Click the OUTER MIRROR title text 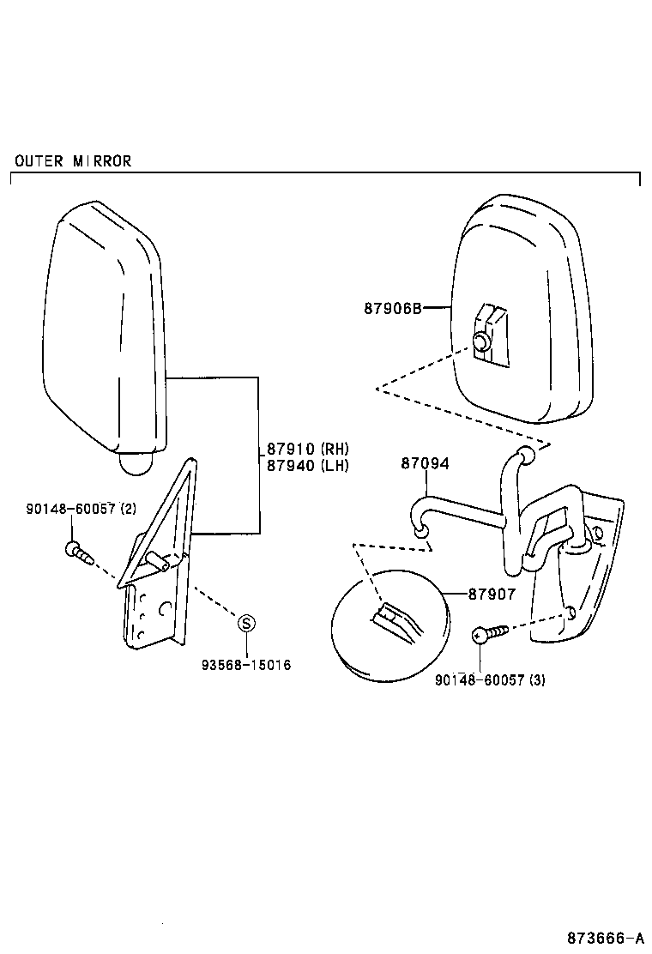click(73, 161)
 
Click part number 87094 click(425, 464)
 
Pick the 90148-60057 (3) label click(490, 680)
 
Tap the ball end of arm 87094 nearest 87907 click(420, 534)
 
